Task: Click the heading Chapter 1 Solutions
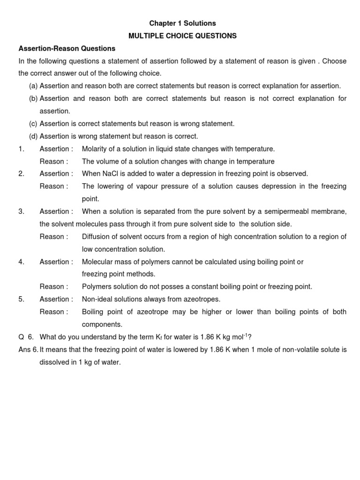click(x=182, y=23)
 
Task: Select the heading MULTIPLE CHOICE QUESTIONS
click(x=182, y=36)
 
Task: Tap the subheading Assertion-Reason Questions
click(x=67, y=48)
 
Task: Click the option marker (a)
click(x=33, y=86)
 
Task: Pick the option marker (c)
click(x=33, y=123)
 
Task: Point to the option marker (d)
click(x=33, y=136)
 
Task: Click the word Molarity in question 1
click(x=95, y=149)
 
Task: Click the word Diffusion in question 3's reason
click(x=97, y=237)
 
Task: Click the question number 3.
click(x=21, y=211)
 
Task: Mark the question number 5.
click(x=21, y=299)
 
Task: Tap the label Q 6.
click(x=26, y=337)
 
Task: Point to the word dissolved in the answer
click(x=55, y=362)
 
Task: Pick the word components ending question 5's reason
click(x=102, y=324)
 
